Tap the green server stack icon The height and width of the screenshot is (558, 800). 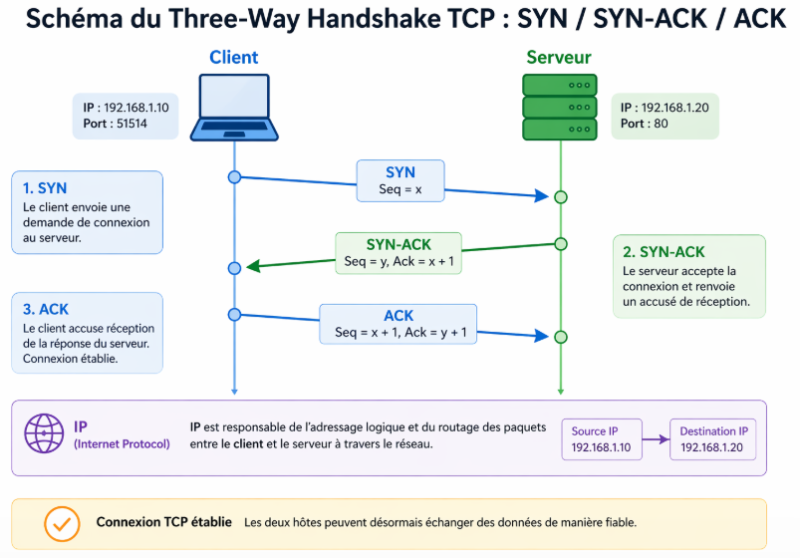pyautogui.click(x=559, y=107)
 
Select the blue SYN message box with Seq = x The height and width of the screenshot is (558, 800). pyautogui.click(x=400, y=180)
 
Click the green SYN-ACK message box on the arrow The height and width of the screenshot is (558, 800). pyautogui.click(x=399, y=253)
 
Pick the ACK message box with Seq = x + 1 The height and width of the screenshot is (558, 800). pyautogui.click(x=399, y=324)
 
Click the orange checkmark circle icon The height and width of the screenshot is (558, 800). pyautogui.click(x=62, y=522)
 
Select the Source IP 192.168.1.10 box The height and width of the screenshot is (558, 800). pyautogui.click(x=602, y=439)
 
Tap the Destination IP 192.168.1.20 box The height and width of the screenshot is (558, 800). pyautogui.click(x=713, y=439)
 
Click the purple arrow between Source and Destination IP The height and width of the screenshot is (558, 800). pyautogui.click(x=655, y=439)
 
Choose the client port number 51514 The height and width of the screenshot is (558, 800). pyautogui.click(x=126, y=124)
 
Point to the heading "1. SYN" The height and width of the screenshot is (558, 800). pyautogui.click(x=46, y=187)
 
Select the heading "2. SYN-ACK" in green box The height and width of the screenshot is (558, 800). pyautogui.click(x=664, y=252)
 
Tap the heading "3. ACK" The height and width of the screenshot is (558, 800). pyautogui.click(x=46, y=309)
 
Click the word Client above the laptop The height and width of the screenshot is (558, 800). pyautogui.click(x=233, y=58)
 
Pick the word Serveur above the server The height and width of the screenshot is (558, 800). pyautogui.click(x=558, y=58)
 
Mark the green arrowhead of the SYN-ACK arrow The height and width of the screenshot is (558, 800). pyautogui.click(x=253, y=266)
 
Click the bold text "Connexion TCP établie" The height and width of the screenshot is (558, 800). pyautogui.click(x=164, y=522)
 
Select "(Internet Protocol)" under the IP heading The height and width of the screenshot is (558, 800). pyautogui.click(x=122, y=443)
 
